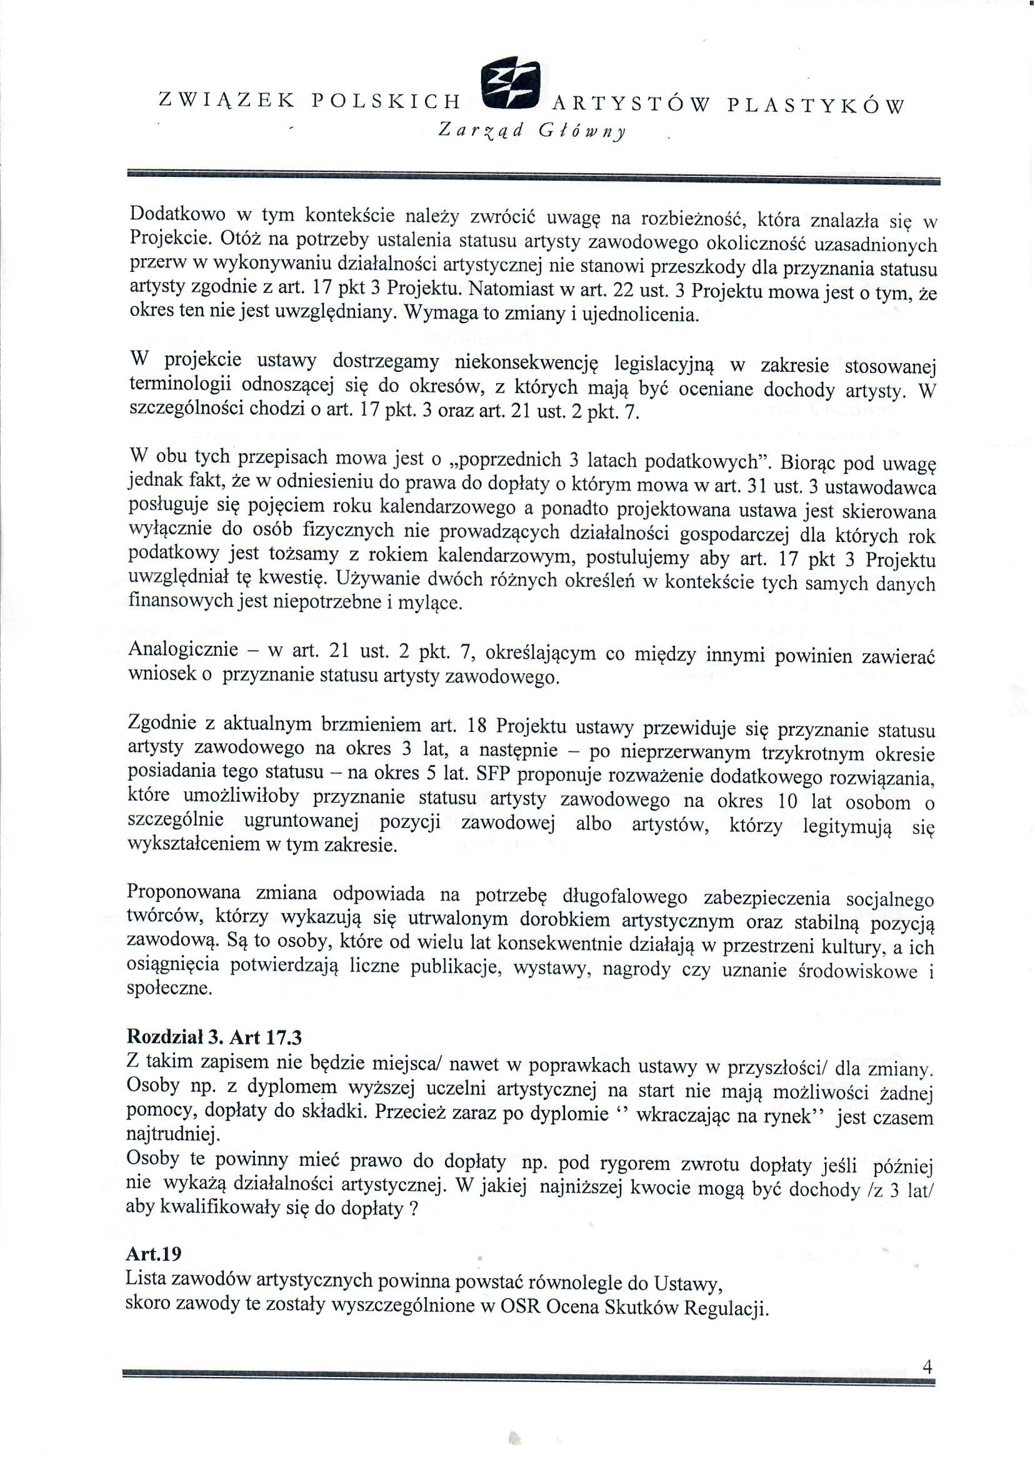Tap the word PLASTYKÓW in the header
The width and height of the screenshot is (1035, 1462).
pos(815,104)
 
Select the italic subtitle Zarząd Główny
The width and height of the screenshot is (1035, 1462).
pos(532,130)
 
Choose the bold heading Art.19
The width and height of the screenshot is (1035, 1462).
pos(154,1254)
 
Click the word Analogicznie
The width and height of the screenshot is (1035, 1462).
pos(184,649)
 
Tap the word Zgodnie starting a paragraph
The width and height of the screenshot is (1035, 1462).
pos(162,723)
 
